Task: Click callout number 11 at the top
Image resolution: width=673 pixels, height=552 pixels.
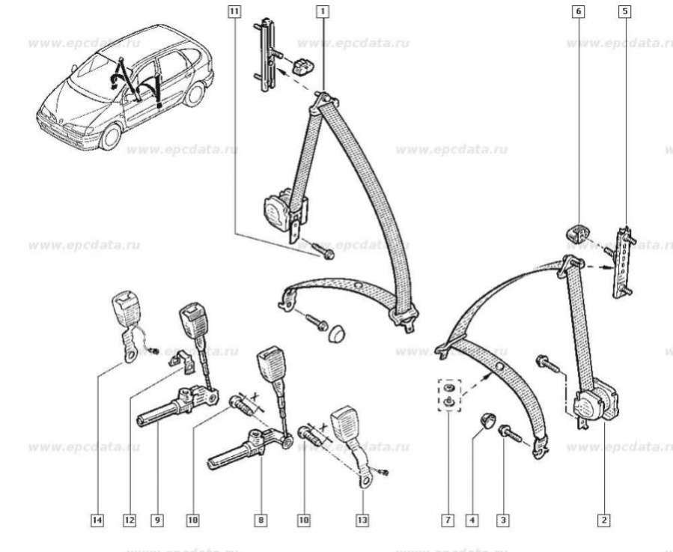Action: [x=235, y=10]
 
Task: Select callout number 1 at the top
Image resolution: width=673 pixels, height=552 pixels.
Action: [x=323, y=10]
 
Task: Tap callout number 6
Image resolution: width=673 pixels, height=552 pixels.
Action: [x=578, y=10]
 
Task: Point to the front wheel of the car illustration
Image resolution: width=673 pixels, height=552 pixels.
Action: [x=110, y=136]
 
